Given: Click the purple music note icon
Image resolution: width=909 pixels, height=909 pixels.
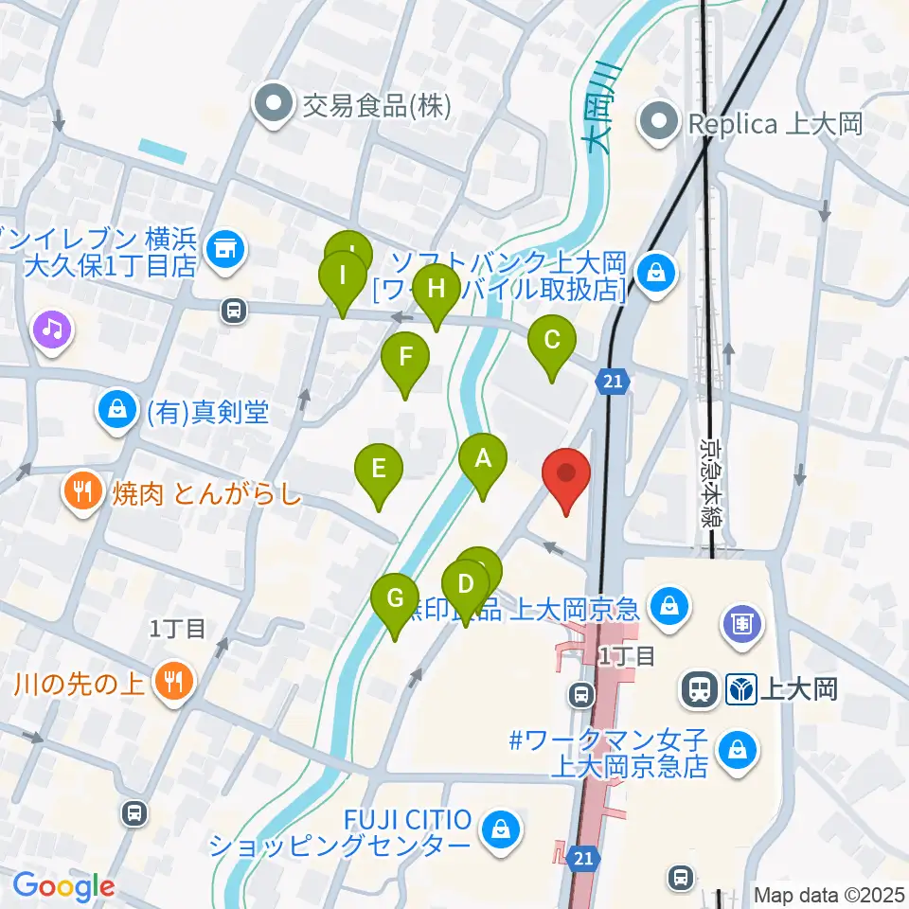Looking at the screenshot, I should (x=52, y=330).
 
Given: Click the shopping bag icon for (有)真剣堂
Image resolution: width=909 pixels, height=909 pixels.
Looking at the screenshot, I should (x=116, y=410).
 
